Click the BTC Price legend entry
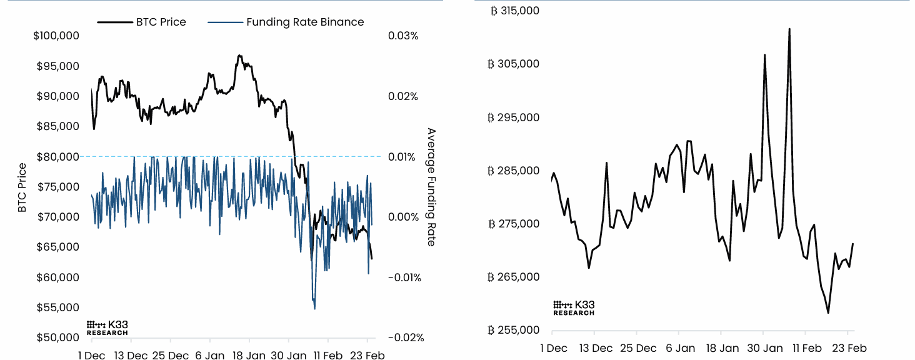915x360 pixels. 161,22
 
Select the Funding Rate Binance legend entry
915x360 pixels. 304,22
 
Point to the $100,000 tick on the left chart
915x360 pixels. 56,36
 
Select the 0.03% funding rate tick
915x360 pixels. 402,36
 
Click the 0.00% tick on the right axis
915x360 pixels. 403,217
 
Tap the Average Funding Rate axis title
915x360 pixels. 431,187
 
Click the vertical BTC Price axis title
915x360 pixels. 22,187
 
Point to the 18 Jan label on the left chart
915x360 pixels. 249,356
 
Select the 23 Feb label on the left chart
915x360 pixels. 366,356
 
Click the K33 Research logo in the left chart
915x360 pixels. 107,328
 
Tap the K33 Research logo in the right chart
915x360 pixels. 574,307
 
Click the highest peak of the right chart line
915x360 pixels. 789,29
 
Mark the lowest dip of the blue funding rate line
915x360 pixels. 314,308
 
